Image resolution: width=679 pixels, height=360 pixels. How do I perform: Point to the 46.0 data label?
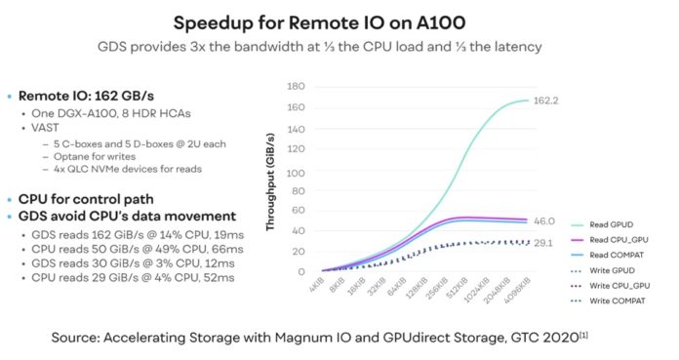coord(542,222)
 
